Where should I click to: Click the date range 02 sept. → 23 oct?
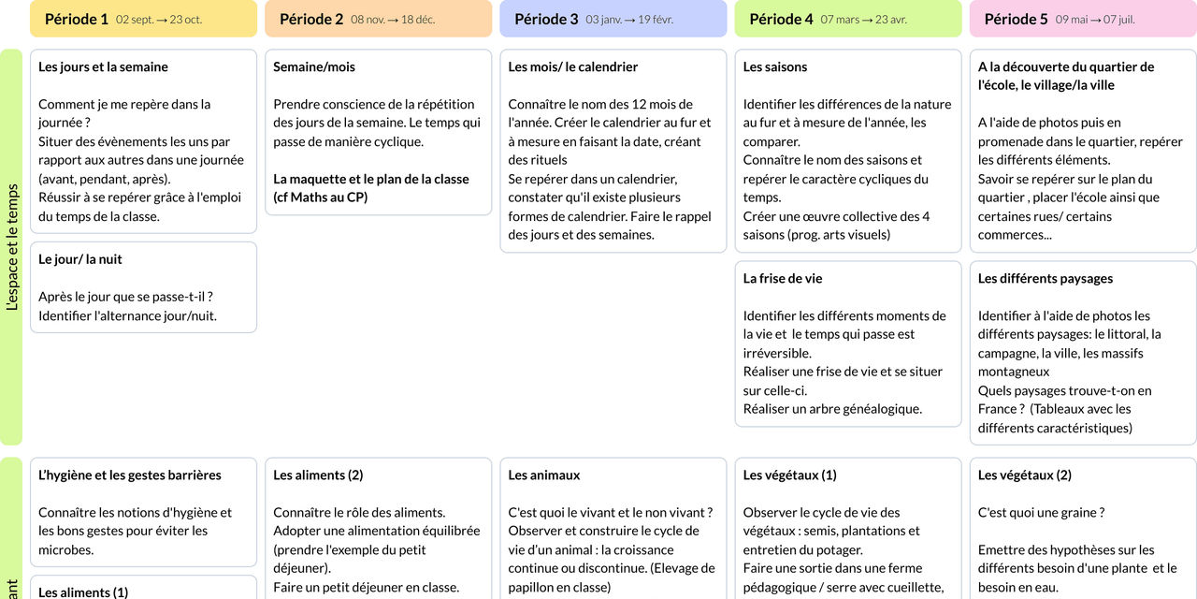(x=159, y=20)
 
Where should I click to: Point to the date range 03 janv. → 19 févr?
(x=629, y=20)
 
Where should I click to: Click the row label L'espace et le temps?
(x=12, y=247)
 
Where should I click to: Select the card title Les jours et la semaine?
(x=103, y=66)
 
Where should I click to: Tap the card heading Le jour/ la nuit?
(x=80, y=259)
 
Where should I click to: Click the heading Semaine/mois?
(x=314, y=66)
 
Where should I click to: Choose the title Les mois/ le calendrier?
(x=573, y=66)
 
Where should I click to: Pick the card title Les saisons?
(x=775, y=66)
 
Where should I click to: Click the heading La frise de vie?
(x=783, y=278)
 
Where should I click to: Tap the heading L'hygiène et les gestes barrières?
(x=130, y=475)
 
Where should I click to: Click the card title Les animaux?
(x=544, y=475)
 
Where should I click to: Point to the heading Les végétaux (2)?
(x=1025, y=475)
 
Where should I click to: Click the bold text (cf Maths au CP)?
(x=321, y=197)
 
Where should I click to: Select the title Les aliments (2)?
(x=318, y=475)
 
